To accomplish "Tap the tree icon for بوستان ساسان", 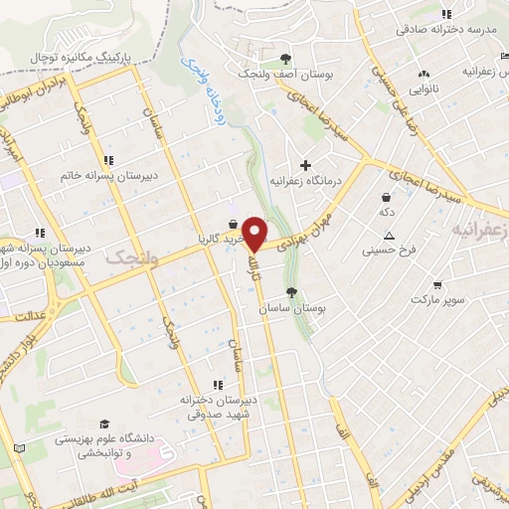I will tap(291, 292).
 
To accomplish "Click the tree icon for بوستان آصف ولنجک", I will tap(286, 59).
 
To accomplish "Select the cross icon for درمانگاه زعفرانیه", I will tap(305, 164).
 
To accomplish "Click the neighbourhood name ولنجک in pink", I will tap(128, 257).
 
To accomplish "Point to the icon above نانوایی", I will tap(424, 74).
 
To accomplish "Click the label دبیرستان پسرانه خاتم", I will tap(105, 175).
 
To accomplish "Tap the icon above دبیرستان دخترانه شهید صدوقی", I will tap(218, 384).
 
